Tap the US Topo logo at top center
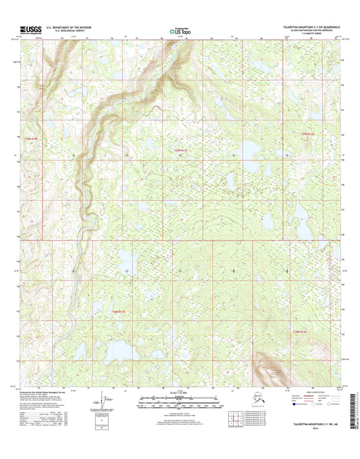point(179,30)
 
